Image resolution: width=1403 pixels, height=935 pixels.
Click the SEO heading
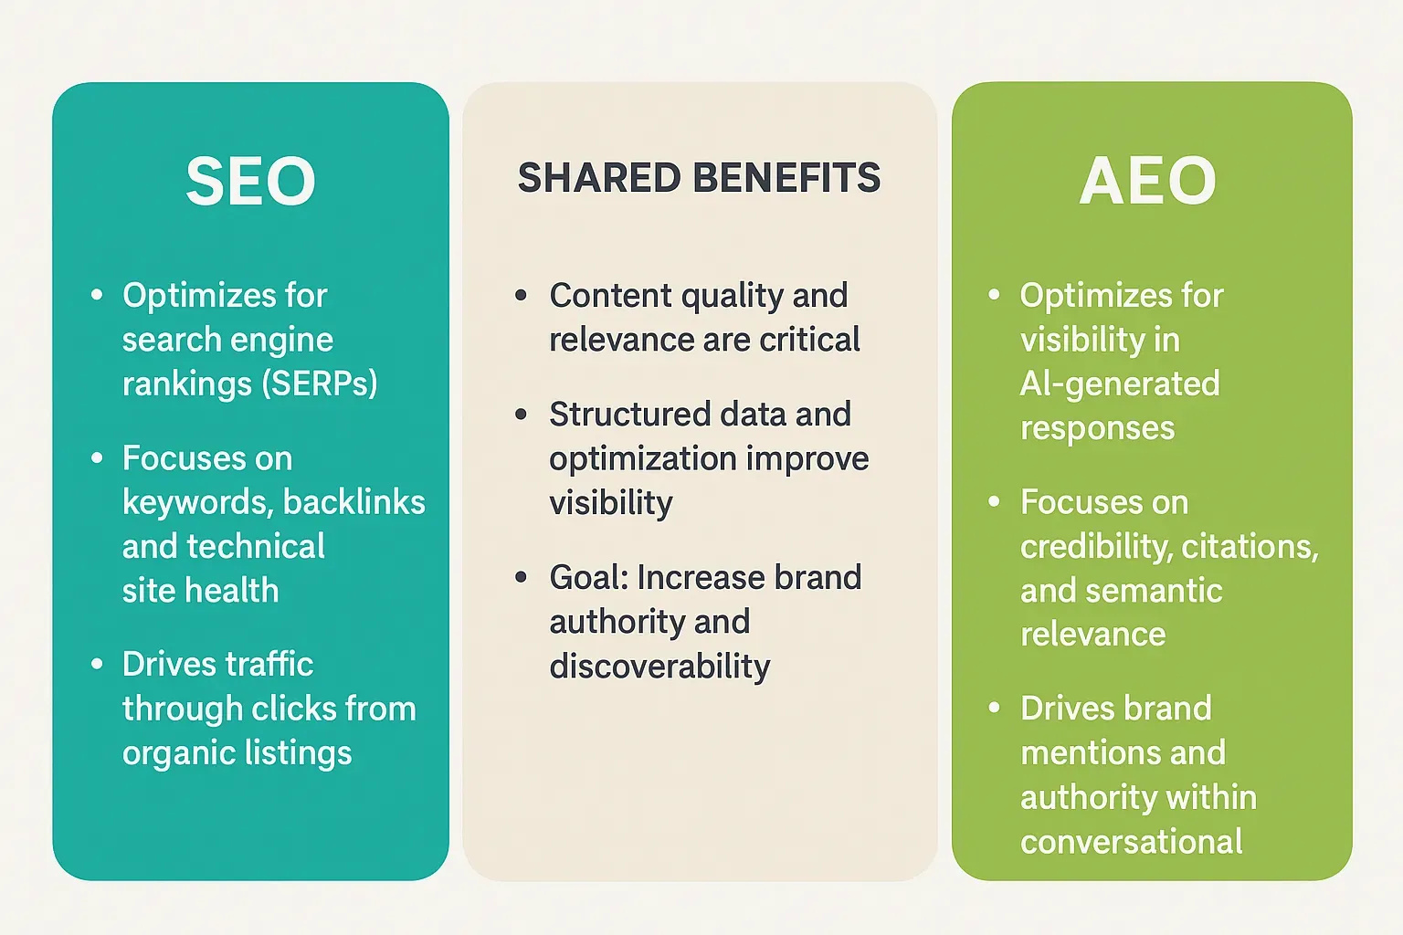click(x=250, y=181)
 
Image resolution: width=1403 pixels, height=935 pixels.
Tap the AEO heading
click(x=1148, y=181)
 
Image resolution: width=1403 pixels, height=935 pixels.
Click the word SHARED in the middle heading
click(x=599, y=177)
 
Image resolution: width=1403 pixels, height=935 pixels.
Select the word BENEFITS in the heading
click(x=787, y=177)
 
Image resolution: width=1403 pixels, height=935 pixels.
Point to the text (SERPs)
click(x=320, y=383)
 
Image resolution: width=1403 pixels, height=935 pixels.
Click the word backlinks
click(x=353, y=502)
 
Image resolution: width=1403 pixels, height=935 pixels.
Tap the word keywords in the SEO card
click(x=197, y=503)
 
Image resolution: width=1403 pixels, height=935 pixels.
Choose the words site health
click(x=200, y=590)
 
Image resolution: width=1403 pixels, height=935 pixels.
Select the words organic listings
click(x=237, y=753)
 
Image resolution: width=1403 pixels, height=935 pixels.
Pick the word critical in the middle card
click(x=809, y=340)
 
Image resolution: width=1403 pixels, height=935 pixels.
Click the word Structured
click(x=629, y=414)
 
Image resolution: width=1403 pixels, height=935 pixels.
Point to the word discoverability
click(x=659, y=667)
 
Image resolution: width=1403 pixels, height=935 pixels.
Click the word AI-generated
click(x=1120, y=384)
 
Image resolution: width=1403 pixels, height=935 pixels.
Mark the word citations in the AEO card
click(x=1250, y=547)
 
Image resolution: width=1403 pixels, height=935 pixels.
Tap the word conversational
click(x=1131, y=841)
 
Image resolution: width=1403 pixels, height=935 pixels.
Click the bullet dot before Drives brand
click(x=994, y=708)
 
